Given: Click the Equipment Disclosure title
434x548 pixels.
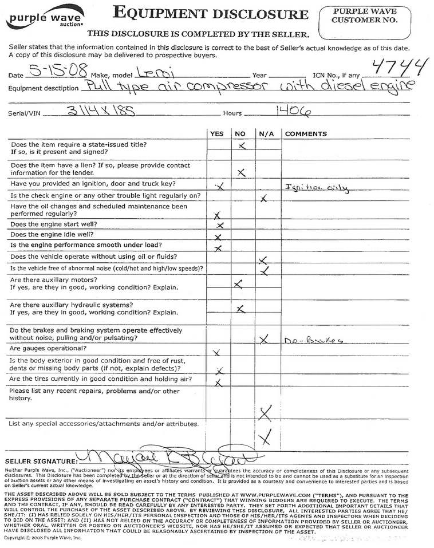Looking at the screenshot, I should click(x=211, y=13).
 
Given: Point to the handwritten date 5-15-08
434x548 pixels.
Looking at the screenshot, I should click(x=60, y=72).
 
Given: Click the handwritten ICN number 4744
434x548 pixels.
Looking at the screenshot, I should click(x=400, y=69).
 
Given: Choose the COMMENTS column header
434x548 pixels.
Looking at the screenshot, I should click(x=306, y=134).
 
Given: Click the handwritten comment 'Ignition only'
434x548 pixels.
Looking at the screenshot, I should click(x=316, y=188).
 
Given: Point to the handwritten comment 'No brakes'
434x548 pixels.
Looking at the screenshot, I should click(x=314, y=340).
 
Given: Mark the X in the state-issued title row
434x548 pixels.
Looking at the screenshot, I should click(x=242, y=147).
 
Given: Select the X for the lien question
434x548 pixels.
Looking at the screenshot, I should click(x=242, y=172).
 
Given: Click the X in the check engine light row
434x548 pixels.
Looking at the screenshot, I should click(x=263, y=199).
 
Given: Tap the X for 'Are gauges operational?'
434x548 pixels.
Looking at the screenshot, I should click(x=216, y=352).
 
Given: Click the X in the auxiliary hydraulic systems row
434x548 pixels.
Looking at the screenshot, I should click(x=241, y=309).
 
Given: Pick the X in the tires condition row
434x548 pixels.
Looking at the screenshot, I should click(x=218, y=383).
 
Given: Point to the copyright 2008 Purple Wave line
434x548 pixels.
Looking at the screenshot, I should click(x=43, y=538).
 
